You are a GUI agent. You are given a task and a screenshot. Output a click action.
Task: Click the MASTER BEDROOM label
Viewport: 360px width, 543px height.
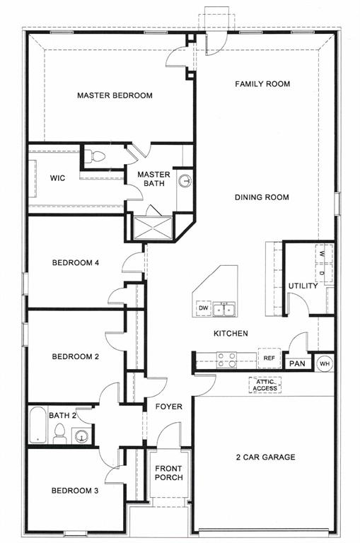pos(115,95)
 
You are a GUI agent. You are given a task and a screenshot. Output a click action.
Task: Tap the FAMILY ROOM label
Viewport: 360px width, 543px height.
pos(262,84)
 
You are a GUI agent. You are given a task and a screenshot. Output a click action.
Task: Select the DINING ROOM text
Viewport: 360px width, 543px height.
pos(262,197)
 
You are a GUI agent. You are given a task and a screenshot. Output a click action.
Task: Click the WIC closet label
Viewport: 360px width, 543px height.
pos(58,178)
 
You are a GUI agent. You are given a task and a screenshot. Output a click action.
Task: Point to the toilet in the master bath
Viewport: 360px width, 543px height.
pos(98,157)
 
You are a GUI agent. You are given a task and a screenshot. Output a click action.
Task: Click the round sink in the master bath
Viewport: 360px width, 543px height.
pos(185,180)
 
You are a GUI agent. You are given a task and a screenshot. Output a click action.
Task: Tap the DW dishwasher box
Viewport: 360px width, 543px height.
pos(203,308)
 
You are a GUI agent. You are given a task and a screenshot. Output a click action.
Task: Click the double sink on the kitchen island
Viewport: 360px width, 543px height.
pos(226,308)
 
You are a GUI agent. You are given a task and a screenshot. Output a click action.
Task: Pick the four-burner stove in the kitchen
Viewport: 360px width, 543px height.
pos(226,360)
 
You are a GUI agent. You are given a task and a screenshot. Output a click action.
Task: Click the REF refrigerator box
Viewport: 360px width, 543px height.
pos(269,358)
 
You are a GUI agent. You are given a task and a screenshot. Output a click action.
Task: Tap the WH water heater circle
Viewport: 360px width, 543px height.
pos(324,363)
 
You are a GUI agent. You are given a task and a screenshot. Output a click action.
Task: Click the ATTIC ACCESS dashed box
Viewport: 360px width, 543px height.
pos(265,385)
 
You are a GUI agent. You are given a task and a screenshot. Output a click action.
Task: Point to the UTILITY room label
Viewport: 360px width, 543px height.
pos(303,286)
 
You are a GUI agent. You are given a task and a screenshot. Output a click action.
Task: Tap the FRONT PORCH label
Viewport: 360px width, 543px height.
pos(168,473)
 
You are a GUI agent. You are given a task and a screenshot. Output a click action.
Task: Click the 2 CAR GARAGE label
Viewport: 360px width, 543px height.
pos(266,457)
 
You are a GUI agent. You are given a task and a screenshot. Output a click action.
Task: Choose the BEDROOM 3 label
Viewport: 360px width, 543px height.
pos(75,490)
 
